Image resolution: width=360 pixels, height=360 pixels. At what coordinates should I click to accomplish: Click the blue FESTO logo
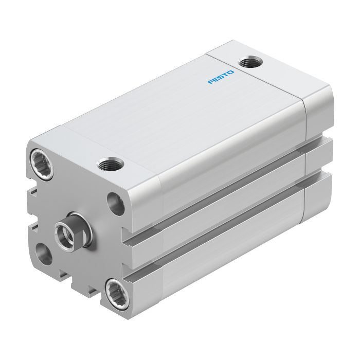[x=221, y=77]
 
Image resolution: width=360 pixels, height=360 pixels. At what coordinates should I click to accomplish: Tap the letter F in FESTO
[x=210, y=81]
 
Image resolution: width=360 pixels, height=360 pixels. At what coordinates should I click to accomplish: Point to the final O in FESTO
[x=230, y=73]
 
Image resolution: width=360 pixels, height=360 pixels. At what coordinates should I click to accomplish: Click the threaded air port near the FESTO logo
[x=250, y=62]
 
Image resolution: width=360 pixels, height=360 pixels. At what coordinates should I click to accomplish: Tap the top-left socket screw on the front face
[x=42, y=164]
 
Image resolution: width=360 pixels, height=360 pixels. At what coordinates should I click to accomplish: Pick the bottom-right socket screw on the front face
[x=117, y=294]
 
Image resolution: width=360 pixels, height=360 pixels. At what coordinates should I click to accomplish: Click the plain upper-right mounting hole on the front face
[x=116, y=204]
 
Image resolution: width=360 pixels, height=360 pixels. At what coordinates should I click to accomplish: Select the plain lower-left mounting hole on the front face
[x=44, y=254]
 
